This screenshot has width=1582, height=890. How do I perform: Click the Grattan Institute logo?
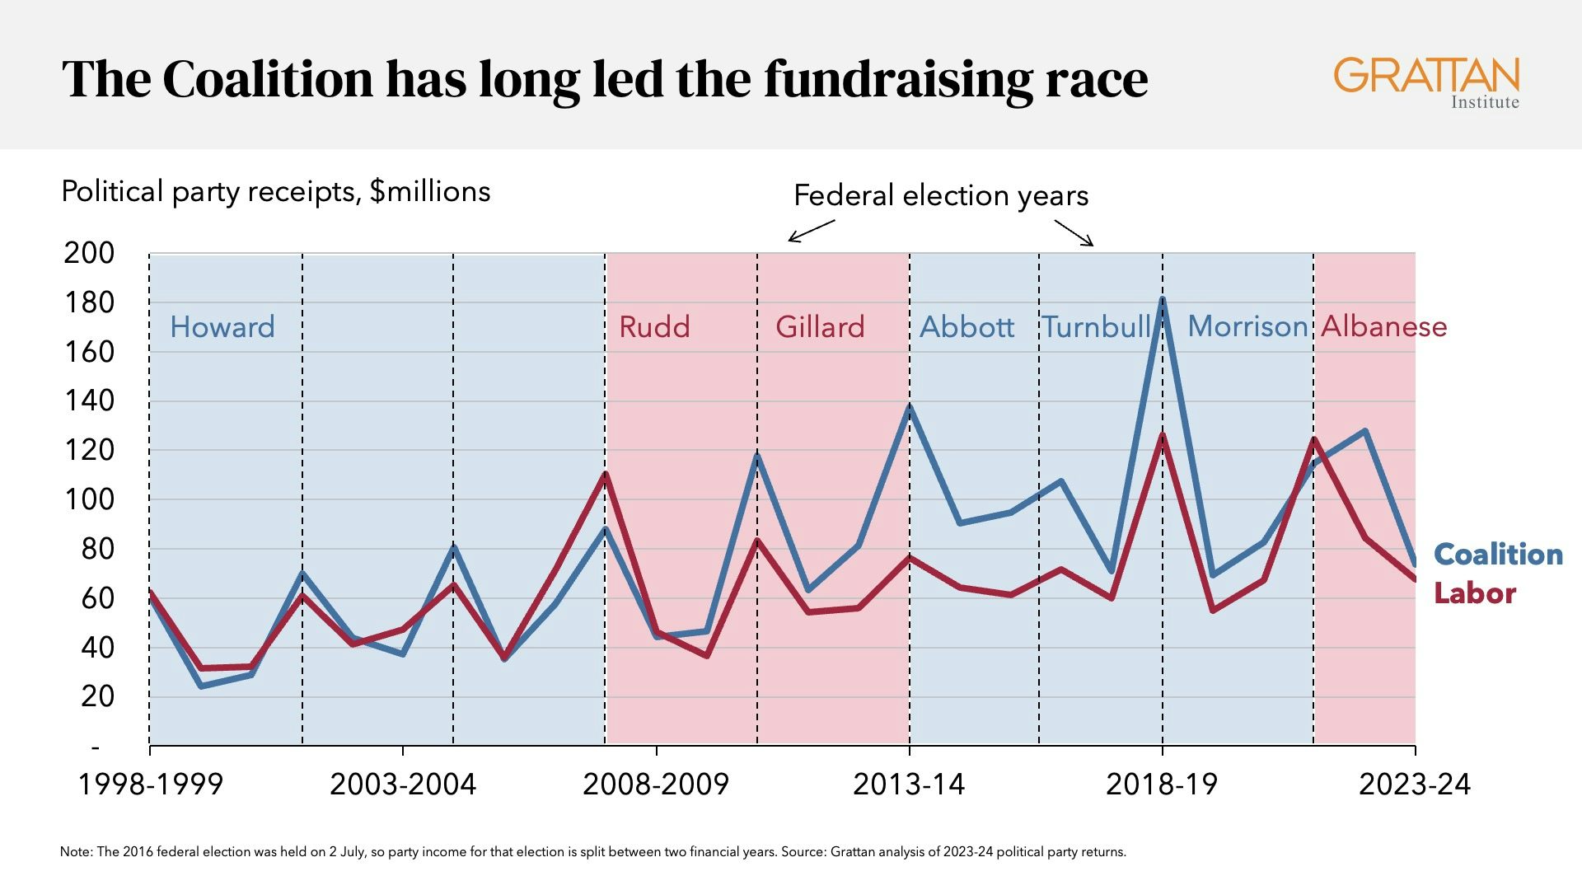[1426, 82]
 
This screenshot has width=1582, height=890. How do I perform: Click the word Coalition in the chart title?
[268, 80]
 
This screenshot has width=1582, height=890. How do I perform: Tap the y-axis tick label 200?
[89, 254]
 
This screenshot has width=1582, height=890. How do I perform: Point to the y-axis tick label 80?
[97, 550]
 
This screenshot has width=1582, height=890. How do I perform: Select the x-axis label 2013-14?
[909, 785]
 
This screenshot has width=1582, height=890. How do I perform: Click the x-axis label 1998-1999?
[151, 785]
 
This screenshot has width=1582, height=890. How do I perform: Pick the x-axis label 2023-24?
[1414, 785]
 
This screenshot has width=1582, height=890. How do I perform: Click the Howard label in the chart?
[222, 327]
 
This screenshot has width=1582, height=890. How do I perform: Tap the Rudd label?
[654, 327]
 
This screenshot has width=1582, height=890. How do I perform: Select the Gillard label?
[820, 327]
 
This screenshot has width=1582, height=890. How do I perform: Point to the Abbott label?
[967, 327]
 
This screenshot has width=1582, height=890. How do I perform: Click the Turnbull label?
[1097, 327]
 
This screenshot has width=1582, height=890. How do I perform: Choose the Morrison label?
[1247, 327]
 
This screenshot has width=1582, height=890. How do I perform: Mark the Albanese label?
[1383, 327]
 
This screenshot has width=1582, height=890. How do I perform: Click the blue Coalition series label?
[1498, 555]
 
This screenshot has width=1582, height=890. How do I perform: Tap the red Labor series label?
[1475, 593]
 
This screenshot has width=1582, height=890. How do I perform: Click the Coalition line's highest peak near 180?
[1163, 300]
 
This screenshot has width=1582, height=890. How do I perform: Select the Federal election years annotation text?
[941, 196]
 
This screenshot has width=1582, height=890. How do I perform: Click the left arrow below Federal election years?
[812, 231]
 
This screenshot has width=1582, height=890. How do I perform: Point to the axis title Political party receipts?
[275, 192]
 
